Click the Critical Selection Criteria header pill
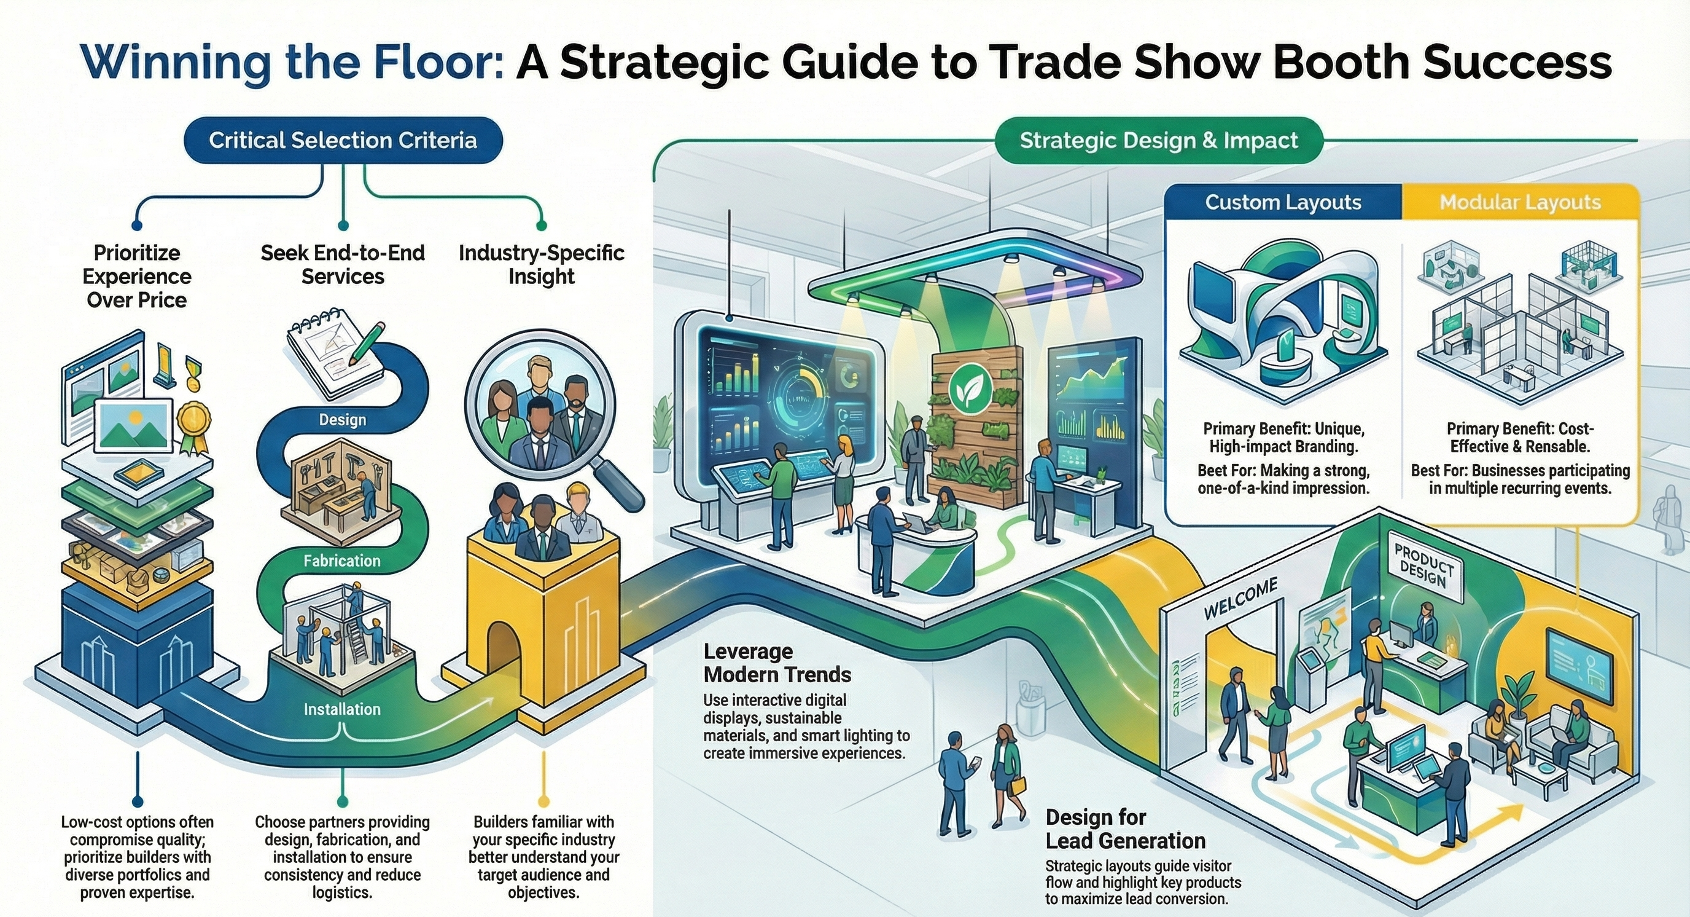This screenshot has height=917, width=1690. (x=343, y=141)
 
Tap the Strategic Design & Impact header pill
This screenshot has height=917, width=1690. (x=1159, y=141)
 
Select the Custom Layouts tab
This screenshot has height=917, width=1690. (x=1283, y=202)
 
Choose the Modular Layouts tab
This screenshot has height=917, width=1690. (x=1520, y=202)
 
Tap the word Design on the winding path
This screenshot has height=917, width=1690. (x=343, y=420)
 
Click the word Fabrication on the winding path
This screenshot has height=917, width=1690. (x=342, y=561)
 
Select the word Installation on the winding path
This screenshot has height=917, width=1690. (x=342, y=709)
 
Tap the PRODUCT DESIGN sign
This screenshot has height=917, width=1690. (x=1422, y=569)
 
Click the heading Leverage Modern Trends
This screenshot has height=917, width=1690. (x=777, y=663)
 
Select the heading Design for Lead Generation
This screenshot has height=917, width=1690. (x=1125, y=829)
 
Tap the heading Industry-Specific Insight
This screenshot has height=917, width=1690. (x=541, y=264)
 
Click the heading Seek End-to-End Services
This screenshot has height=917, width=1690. (x=343, y=264)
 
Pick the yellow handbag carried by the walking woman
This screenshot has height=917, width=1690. (x=1018, y=785)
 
